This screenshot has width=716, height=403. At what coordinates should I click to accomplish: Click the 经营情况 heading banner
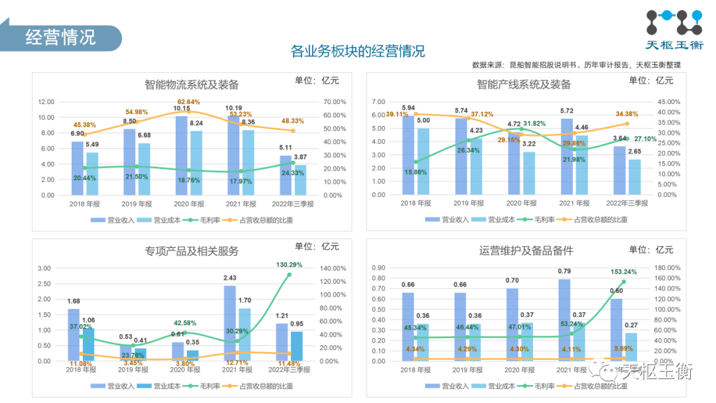60,37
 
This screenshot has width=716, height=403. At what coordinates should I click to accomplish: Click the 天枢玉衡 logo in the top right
673,30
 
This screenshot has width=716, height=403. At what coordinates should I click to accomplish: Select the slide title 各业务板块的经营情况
358,52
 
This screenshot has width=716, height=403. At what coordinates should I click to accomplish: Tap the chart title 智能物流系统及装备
192,85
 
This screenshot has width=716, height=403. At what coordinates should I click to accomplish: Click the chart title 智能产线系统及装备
524,85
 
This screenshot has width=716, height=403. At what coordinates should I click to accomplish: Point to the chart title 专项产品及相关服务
192,251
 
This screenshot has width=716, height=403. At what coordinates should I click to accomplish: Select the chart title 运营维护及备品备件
526,251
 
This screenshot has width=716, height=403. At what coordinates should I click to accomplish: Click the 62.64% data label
188,102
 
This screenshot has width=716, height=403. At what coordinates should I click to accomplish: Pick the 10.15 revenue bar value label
182,109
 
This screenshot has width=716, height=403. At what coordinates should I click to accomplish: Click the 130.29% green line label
289,265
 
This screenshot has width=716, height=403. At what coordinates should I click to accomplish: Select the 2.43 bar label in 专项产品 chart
229,278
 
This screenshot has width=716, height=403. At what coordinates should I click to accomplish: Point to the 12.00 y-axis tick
46,102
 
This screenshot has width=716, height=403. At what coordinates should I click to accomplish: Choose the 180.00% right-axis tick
666,268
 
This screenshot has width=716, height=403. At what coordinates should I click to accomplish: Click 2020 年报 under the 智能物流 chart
188,203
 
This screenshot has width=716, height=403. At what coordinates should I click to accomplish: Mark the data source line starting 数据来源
576,65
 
